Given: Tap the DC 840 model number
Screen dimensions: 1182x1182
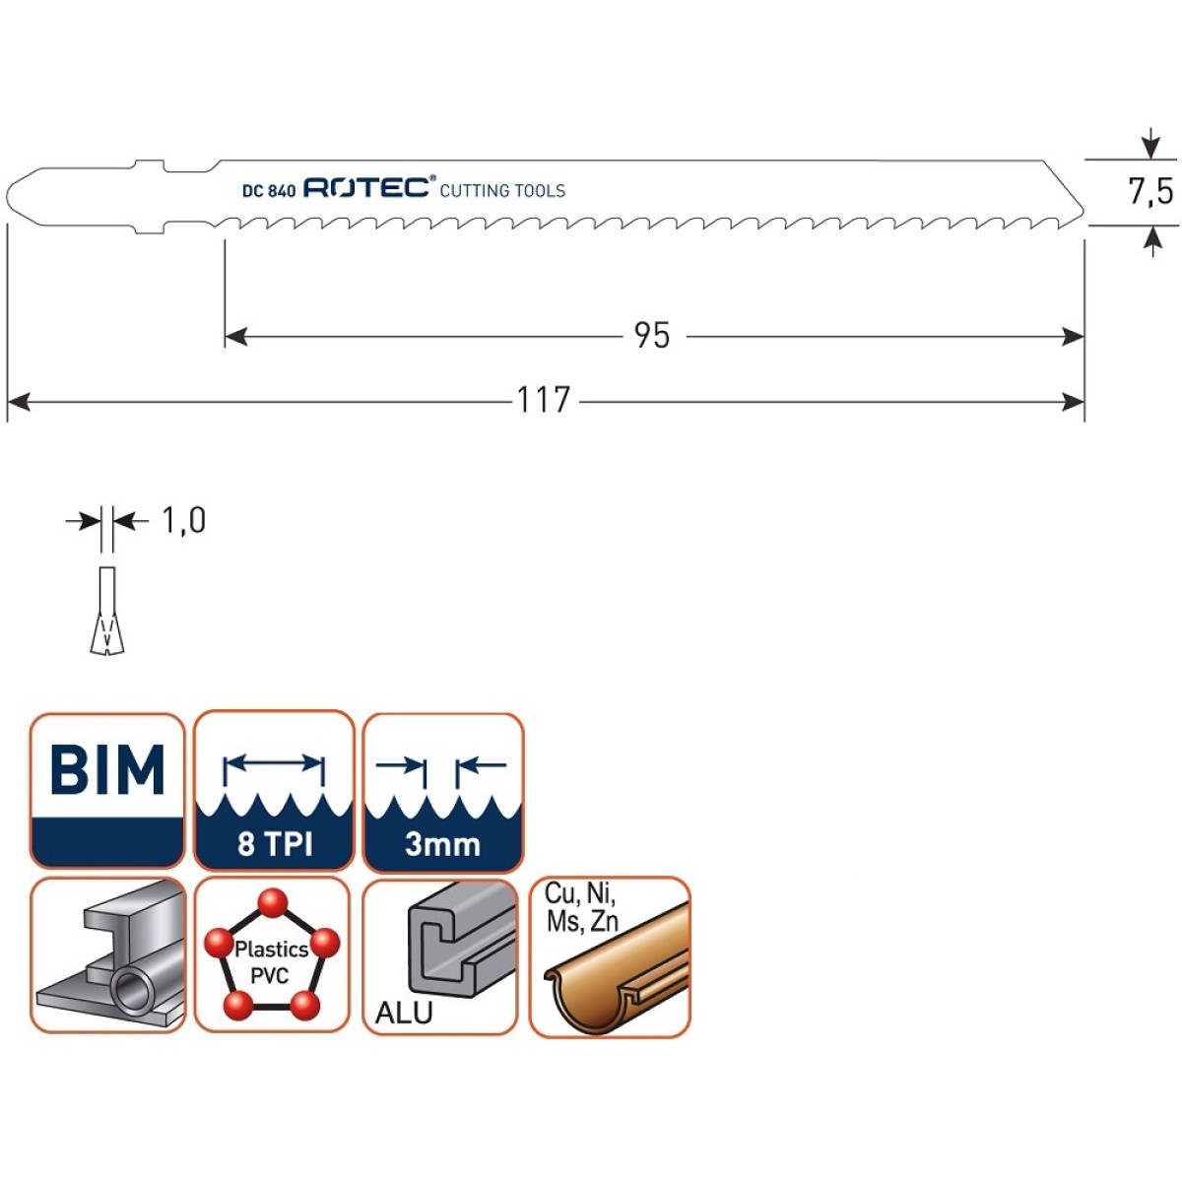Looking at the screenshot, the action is pyautogui.click(x=269, y=191).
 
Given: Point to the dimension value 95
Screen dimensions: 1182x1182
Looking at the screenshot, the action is pyautogui.click(x=652, y=336).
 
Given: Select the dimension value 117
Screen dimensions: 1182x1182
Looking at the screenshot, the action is pyautogui.click(x=544, y=400).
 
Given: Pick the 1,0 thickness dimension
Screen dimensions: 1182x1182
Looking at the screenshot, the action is pyautogui.click(x=183, y=521).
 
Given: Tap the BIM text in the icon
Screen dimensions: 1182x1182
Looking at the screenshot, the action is pyautogui.click(x=107, y=769).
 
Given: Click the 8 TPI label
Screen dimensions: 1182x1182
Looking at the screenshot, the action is pyautogui.click(x=275, y=844).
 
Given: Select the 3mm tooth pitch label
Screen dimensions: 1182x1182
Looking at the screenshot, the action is pyautogui.click(x=442, y=844).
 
